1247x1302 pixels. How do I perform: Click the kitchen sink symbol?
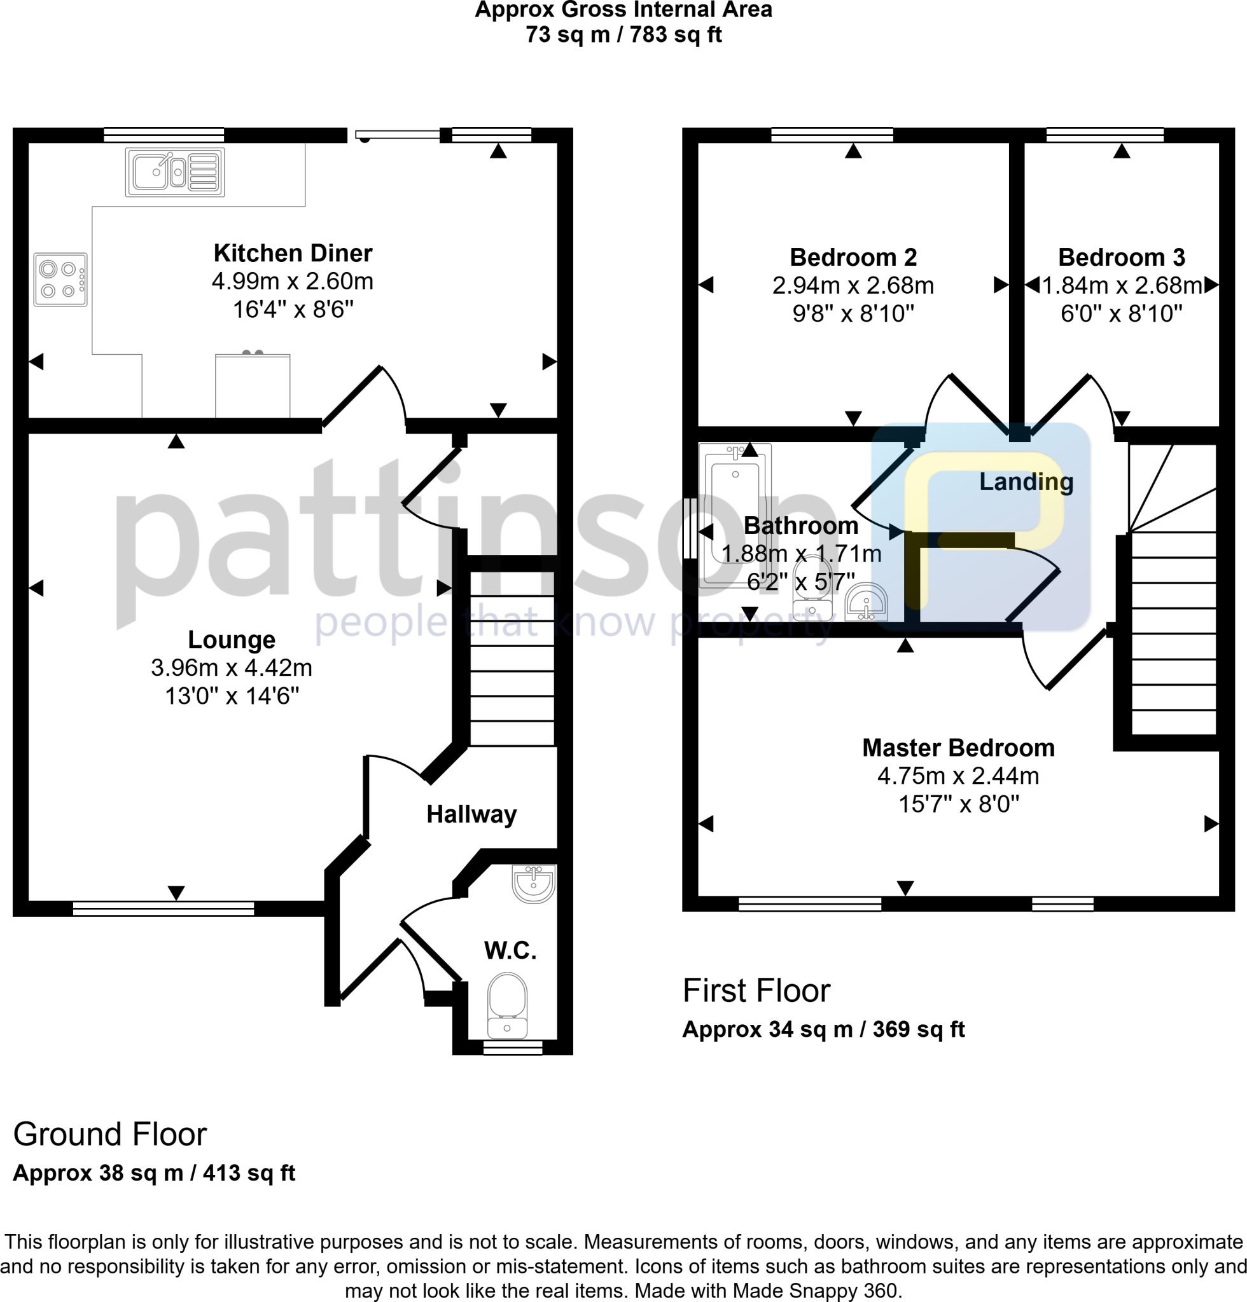point(175,173)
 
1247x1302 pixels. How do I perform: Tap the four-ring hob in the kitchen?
point(60,280)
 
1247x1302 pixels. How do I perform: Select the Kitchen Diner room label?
point(293,253)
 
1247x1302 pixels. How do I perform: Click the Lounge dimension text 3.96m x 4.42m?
point(232,667)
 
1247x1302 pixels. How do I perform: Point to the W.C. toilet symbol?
point(507,1005)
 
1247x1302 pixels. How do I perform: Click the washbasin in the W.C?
point(533,883)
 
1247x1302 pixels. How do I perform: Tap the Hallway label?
point(471,814)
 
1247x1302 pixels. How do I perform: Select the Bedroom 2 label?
point(853,257)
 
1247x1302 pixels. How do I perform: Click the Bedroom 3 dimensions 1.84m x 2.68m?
point(1122,285)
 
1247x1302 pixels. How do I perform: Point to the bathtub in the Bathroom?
point(735,515)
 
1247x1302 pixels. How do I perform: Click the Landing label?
point(1026,482)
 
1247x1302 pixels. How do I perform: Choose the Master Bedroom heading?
point(958,748)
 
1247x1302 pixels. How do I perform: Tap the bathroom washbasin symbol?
point(866,603)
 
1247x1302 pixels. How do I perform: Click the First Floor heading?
point(756,990)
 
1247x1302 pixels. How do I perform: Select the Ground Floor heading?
point(110,1134)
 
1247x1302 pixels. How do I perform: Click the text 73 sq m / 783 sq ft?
point(623,34)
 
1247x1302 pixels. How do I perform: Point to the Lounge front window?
point(163,908)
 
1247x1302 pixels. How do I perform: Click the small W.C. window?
point(513,1048)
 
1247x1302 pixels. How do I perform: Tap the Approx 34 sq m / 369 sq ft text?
point(823,1029)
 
